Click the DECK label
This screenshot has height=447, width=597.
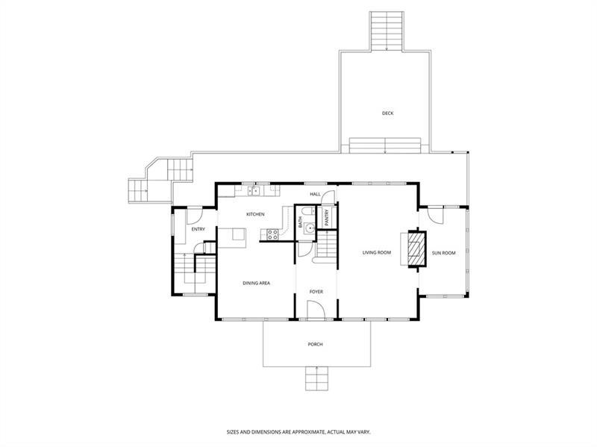click(x=387, y=113)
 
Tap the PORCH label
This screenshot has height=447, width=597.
click(x=315, y=344)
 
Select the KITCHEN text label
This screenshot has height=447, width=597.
click(x=256, y=215)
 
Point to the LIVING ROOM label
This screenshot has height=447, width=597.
click(x=377, y=253)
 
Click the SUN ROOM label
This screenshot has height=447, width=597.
click(x=443, y=253)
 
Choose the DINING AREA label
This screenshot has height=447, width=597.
click(x=256, y=284)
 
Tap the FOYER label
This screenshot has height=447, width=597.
click(x=316, y=291)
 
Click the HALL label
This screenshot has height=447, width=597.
click(x=316, y=195)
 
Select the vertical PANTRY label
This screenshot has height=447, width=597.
click(x=326, y=217)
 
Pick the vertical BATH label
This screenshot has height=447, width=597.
click(x=300, y=222)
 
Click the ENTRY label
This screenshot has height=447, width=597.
click(x=198, y=229)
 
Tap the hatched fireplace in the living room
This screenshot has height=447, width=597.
click(x=413, y=248)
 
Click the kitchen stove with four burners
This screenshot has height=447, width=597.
click(x=272, y=234)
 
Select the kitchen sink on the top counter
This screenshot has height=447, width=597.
click(x=254, y=191)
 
